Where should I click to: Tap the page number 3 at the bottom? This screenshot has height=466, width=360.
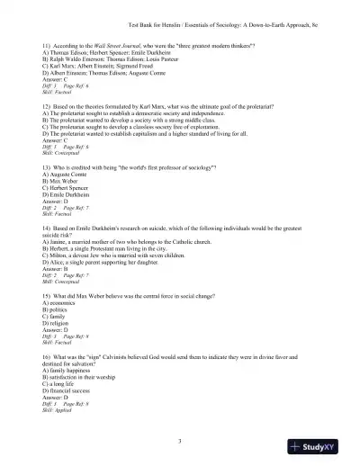pyautogui.click(x=180, y=440)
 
